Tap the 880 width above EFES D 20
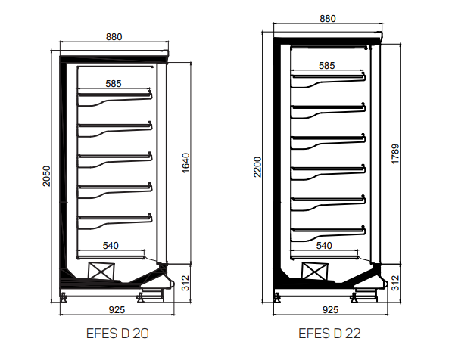point(114,36)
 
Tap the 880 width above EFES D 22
point(327,20)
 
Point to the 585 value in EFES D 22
point(327,66)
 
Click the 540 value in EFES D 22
point(324,246)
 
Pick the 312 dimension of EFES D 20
point(186,283)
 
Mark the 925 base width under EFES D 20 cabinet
point(116,310)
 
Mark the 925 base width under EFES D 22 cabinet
point(330,310)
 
